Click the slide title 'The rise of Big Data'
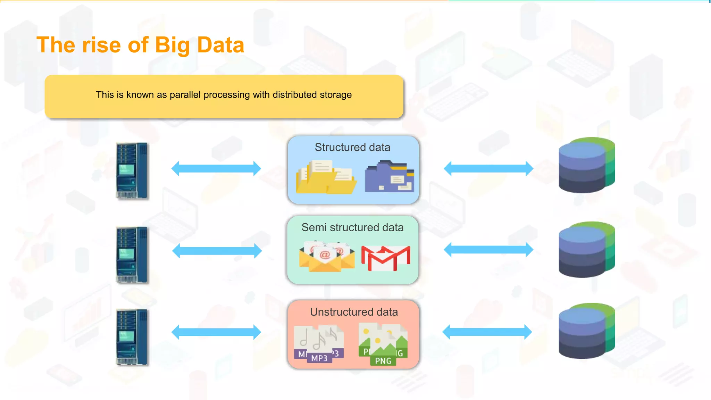(140, 45)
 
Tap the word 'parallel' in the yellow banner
(185, 95)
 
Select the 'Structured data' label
(352, 147)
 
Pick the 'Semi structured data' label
(352, 227)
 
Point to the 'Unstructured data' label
(353, 312)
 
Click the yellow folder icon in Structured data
(325, 177)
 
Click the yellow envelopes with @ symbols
(326, 257)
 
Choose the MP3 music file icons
(319, 344)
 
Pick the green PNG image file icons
(383, 344)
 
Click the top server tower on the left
(132, 170)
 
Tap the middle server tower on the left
(132, 255)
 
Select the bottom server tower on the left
(132, 337)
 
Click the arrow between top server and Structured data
(216, 169)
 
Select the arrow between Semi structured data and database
(488, 250)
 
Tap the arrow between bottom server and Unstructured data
(216, 332)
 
